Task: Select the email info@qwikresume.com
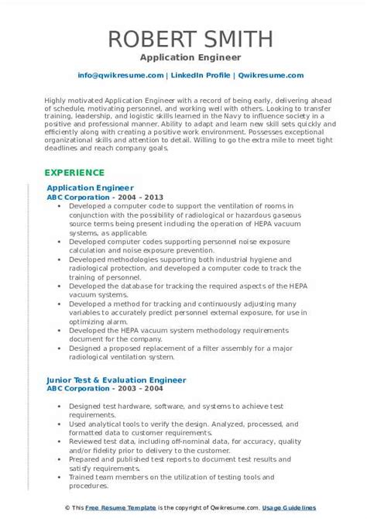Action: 120,75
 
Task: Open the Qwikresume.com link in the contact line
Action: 258,75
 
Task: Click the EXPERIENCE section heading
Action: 76,171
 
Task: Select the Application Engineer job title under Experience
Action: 90,187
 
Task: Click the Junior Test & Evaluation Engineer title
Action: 116,380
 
